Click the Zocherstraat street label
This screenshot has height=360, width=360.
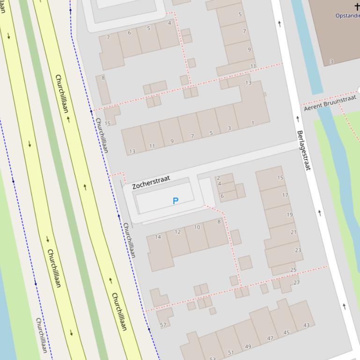151,182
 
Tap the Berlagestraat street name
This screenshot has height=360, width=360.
304,150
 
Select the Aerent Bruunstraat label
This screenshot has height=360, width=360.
330,103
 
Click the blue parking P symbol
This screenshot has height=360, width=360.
176,201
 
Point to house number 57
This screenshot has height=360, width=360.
163,325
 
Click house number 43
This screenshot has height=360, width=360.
306,325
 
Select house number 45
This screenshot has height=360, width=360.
287,333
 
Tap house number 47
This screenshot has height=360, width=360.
270,338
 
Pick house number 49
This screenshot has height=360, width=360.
248,346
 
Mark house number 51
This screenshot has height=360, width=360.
231,353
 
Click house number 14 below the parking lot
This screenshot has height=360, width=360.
158,237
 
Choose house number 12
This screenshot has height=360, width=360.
177,232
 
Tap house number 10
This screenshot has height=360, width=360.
197,227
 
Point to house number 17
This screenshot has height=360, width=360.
285,195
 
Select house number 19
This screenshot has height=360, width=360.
289,215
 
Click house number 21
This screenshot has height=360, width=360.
294,232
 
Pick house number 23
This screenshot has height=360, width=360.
298,250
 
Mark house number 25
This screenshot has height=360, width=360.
294,270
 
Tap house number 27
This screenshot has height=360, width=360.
296,282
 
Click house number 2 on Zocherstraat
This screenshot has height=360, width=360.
218,178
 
